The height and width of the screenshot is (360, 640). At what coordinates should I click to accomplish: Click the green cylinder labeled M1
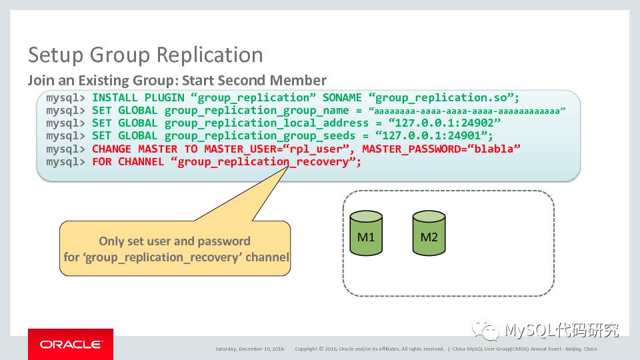[x=366, y=234]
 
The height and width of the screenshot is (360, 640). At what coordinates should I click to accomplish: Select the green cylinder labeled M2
[x=429, y=234]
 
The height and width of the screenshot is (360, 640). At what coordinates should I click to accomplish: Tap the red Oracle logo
[x=71, y=344]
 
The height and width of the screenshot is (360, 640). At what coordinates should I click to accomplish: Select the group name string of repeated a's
[x=467, y=111]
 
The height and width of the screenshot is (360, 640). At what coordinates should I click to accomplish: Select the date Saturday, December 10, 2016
[x=249, y=349]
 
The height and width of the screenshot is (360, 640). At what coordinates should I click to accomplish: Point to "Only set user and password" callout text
[x=175, y=241]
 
